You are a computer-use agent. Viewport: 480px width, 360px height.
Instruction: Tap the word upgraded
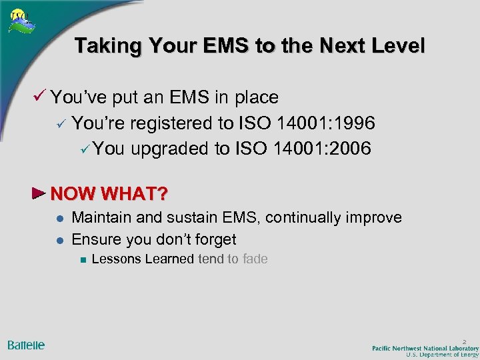pyautogui.click(x=170, y=148)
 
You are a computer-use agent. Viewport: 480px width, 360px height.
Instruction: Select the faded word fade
pyautogui.click(x=255, y=259)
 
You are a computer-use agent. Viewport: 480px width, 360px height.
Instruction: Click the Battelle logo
pyautogui.click(x=26, y=345)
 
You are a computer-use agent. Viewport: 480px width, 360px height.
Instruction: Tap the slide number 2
pyautogui.click(x=465, y=341)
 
